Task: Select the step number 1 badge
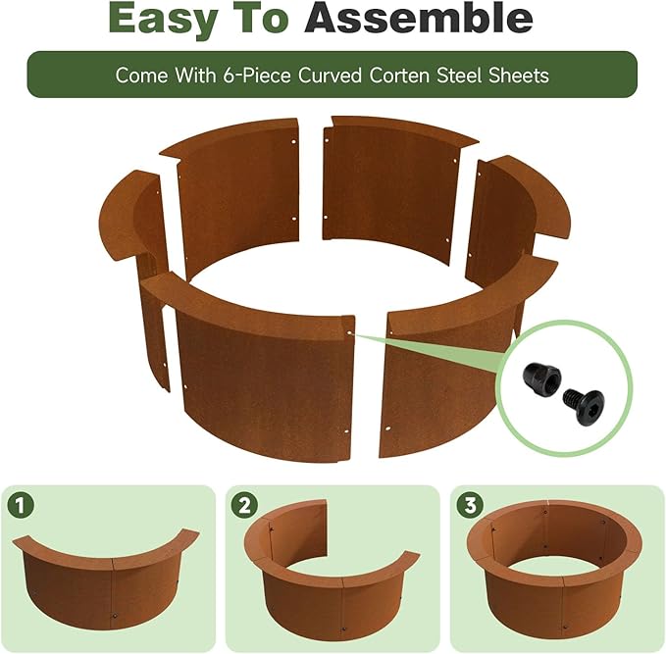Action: pyautogui.click(x=21, y=505)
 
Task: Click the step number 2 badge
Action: pyautogui.click(x=244, y=505)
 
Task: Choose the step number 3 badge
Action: pyautogui.click(x=470, y=505)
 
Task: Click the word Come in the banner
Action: pyautogui.click(x=141, y=75)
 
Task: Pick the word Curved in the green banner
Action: pyautogui.click(x=330, y=75)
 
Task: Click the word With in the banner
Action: pyautogui.click(x=195, y=75)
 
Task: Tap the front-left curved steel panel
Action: pyautogui.click(x=263, y=382)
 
